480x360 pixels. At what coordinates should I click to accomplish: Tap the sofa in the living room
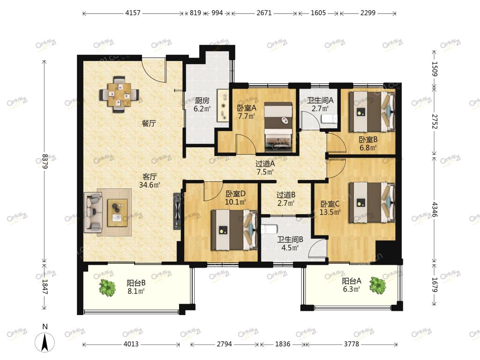(x=93, y=212)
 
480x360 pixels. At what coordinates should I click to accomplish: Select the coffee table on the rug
(x=117, y=212)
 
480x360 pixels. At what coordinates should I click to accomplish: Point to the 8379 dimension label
(x=45, y=161)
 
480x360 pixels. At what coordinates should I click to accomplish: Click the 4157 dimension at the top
(x=133, y=13)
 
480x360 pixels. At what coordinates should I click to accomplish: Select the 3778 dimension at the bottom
(x=351, y=344)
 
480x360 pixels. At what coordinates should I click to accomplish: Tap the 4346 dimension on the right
(x=435, y=209)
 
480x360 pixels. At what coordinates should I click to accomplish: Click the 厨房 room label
(x=202, y=100)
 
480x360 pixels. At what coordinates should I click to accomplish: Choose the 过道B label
(x=285, y=195)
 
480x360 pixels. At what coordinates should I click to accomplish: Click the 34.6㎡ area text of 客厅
(x=150, y=185)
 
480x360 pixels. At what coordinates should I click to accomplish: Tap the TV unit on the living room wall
(x=177, y=211)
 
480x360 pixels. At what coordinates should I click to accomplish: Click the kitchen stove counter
(x=223, y=105)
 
